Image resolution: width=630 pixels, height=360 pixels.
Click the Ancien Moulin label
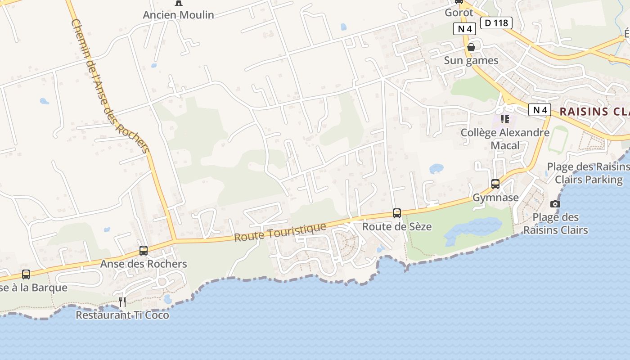pyautogui.click(x=178, y=15)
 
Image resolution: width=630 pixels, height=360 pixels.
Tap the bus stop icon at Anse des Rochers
pyautogui.click(x=144, y=251)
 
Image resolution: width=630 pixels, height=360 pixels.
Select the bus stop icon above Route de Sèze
pyautogui.click(x=397, y=213)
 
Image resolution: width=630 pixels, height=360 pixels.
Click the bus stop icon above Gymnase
pyautogui.click(x=495, y=184)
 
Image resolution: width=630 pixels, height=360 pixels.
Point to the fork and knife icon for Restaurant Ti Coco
pyautogui.click(x=122, y=301)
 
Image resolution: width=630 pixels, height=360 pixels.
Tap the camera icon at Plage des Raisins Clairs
pyautogui.click(x=555, y=204)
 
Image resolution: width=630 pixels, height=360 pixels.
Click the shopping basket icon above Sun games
pyautogui.click(x=471, y=47)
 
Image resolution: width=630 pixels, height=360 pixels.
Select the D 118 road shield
pyautogui.click(x=496, y=23)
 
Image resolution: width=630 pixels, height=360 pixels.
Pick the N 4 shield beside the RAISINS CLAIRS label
pyautogui.click(x=540, y=110)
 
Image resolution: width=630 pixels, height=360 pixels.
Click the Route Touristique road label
pyautogui.click(x=280, y=232)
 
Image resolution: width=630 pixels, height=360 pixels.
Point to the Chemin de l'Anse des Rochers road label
pyautogui.click(x=110, y=85)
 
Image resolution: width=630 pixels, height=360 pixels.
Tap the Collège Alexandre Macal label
pyautogui.click(x=505, y=139)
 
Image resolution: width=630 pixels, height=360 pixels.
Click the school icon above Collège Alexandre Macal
pyautogui.click(x=505, y=119)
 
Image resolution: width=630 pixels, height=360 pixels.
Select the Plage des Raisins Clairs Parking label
pyautogui.click(x=588, y=173)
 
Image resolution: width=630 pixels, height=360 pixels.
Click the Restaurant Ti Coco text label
pyautogui.click(x=122, y=315)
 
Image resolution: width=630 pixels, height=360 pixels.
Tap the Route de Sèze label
pyautogui.click(x=397, y=226)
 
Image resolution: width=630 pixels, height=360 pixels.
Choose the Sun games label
pyautogui.click(x=471, y=60)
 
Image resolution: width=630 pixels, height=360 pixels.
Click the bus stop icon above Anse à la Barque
pyautogui.click(x=26, y=274)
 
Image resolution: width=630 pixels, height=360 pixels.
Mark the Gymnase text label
pyautogui.click(x=495, y=198)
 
